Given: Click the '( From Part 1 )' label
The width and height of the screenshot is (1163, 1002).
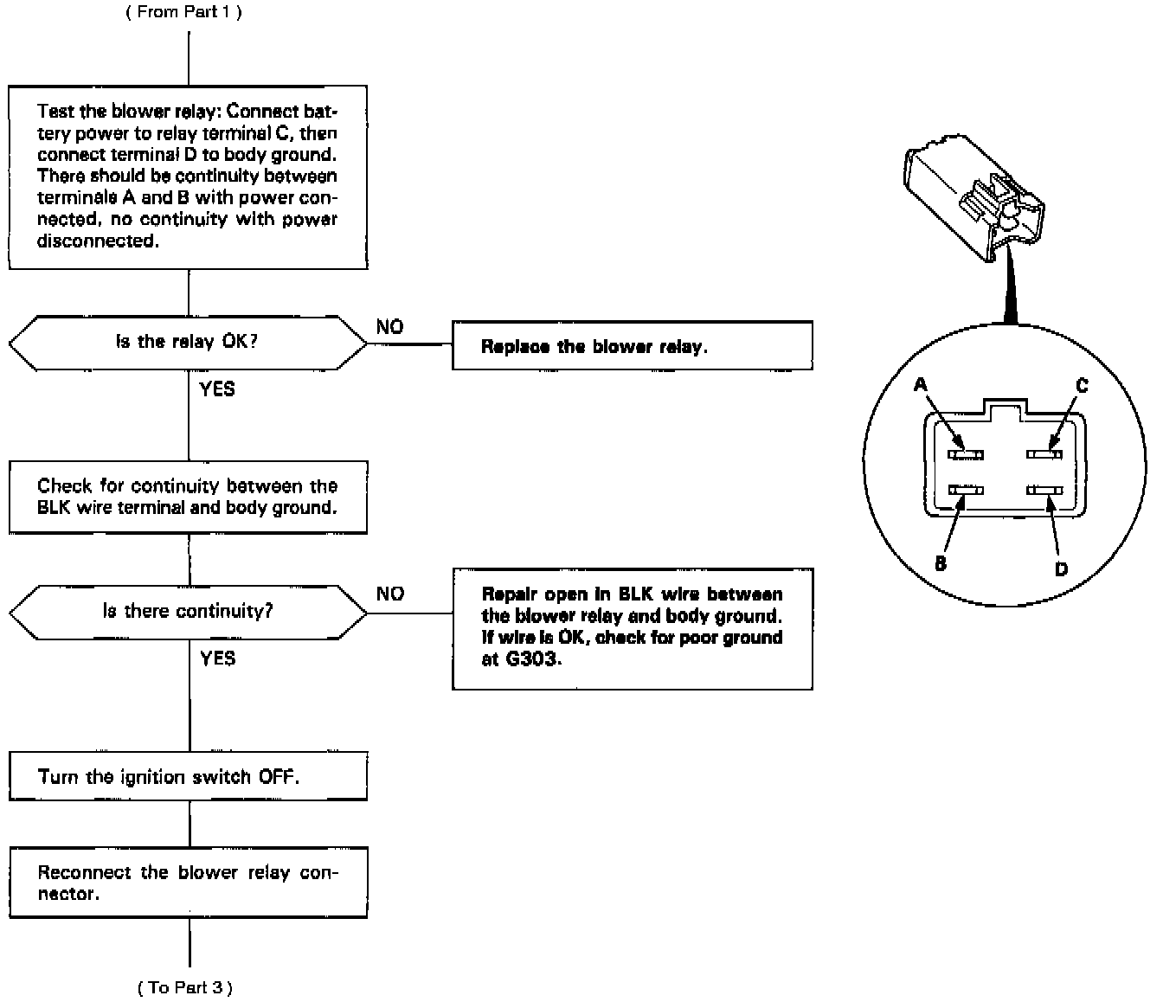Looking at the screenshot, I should tap(183, 13).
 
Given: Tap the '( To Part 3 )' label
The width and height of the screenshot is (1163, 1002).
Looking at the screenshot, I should tap(185, 986).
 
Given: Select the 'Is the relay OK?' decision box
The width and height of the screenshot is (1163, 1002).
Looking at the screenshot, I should tap(187, 343).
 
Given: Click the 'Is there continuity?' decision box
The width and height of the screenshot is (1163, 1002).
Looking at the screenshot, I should tap(187, 612).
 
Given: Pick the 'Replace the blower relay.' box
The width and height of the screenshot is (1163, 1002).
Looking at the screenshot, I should tap(632, 346).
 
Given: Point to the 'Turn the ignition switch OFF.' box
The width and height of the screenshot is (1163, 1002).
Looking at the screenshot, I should tap(188, 776).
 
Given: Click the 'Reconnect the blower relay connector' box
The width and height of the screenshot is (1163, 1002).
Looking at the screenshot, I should tap(188, 883).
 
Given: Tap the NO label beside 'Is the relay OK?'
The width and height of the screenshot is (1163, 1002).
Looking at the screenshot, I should tap(389, 327).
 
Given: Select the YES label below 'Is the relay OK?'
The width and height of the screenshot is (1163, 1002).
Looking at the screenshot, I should tap(217, 389).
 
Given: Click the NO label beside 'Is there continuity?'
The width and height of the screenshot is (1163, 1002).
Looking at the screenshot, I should tap(389, 594).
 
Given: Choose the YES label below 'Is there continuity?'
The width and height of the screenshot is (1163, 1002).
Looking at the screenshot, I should tap(217, 658).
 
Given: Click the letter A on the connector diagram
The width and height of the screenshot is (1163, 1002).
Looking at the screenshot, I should tap(921, 384).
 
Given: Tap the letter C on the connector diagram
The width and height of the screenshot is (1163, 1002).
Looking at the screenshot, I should tap(1082, 385).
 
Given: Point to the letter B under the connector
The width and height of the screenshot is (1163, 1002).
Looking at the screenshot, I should tap(941, 563).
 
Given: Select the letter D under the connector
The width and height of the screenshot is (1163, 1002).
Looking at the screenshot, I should tap(1061, 568).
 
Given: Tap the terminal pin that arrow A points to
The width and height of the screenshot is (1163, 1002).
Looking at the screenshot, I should tap(965, 453).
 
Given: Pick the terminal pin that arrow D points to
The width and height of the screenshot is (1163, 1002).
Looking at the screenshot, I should tap(1044, 491).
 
